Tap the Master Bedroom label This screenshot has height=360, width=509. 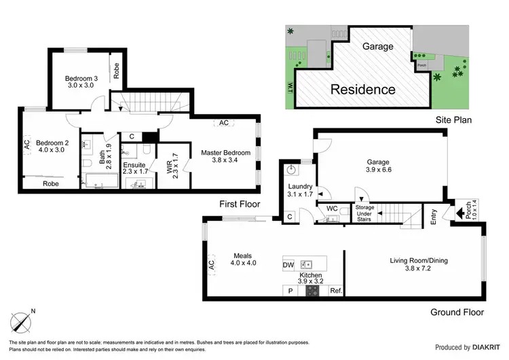[x=226, y=157]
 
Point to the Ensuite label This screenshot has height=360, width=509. [x=133, y=168]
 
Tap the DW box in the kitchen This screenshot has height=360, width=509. [x=288, y=265]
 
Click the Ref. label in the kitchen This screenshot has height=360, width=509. [x=336, y=291]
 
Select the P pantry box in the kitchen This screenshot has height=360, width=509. [x=290, y=291]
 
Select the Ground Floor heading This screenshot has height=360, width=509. [x=457, y=312]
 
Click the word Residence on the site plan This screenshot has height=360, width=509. [x=362, y=89]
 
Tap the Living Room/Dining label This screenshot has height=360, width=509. [x=418, y=265]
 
